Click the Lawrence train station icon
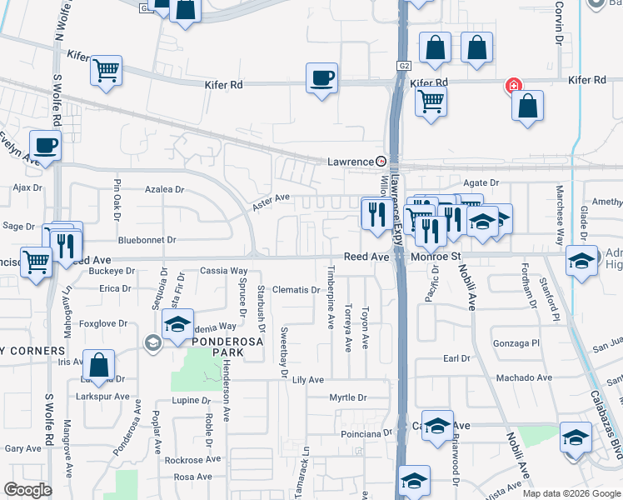(x=381, y=161)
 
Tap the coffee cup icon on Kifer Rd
(x=321, y=78)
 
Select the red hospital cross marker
(x=514, y=86)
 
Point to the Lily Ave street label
(x=307, y=379)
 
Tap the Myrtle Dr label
(x=347, y=397)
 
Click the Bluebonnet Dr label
(x=147, y=239)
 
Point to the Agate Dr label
(x=481, y=182)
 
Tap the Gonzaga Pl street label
(x=519, y=342)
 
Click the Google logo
(x=27, y=490)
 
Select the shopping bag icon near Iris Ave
(x=98, y=365)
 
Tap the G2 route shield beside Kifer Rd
(x=404, y=63)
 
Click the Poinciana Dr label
(x=366, y=433)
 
